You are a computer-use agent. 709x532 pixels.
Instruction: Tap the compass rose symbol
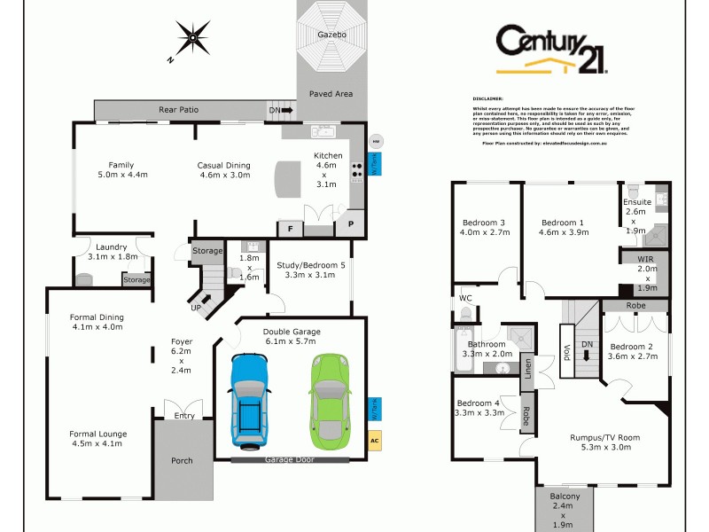[x=192, y=39]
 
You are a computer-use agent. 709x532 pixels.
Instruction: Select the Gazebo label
[x=331, y=34]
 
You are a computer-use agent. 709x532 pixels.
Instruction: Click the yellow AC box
[x=374, y=439]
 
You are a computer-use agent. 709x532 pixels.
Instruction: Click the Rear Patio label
[x=178, y=110]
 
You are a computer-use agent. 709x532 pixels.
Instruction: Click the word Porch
[x=182, y=460]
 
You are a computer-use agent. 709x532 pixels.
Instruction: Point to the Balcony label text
[x=565, y=496]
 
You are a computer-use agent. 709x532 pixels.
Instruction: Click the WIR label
[x=645, y=259]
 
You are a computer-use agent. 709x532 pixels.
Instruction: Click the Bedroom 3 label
[x=484, y=222]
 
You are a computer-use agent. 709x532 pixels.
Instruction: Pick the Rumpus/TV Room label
[x=604, y=437]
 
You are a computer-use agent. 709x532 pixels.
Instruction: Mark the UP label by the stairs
[x=196, y=308]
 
